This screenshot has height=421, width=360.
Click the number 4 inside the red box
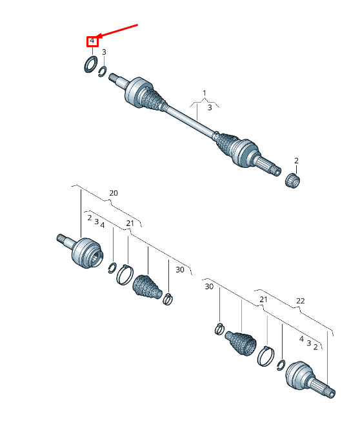pyautogui.click(x=92, y=41)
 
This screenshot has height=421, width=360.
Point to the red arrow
pyautogui.click(x=117, y=30)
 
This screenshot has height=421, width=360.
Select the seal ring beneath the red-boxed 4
pyautogui.click(x=91, y=64)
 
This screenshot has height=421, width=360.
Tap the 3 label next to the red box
pyautogui.click(x=104, y=52)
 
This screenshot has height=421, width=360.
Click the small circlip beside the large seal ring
pyautogui.click(x=102, y=72)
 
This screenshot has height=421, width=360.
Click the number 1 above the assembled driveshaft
pyautogui.click(x=205, y=93)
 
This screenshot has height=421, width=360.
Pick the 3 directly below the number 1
pyautogui.click(x=210, y=108)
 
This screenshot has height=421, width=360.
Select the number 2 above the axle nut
pyautogui.click(x=296, y=161)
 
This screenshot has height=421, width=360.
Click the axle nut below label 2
pyautogui.click(x=292, y=181)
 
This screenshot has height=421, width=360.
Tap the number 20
pyautogui.click(x=114, y=193)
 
